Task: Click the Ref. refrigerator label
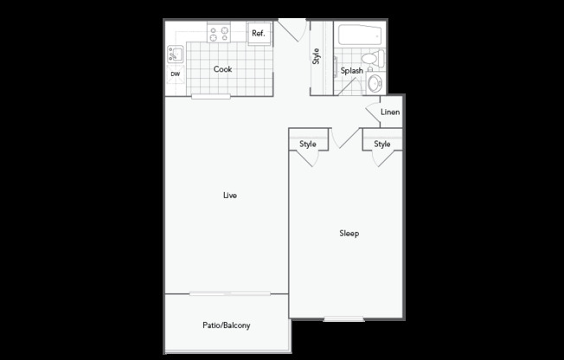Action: pos(259,34)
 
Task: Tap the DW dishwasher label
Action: pos(176,74)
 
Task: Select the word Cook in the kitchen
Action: pos(222,68)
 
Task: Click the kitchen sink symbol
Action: pos(176,55)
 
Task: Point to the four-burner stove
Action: pos(219,33)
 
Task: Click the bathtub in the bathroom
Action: pos(360,35)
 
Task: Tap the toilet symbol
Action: pos(373,58)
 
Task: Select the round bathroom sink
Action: pos(375,84)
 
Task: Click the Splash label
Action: pos(352,71)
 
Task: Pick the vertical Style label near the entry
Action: pos(316,56)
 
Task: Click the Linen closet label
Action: pos(390,112)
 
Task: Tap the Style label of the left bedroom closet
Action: pos(308,144)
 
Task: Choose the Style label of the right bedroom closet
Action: pos(382,144)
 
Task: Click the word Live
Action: pos(230,195)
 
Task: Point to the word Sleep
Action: pos(349,234)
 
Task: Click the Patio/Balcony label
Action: pos(227,325)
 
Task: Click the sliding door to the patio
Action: pos(230,293)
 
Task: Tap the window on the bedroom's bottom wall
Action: pos(344,319)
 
